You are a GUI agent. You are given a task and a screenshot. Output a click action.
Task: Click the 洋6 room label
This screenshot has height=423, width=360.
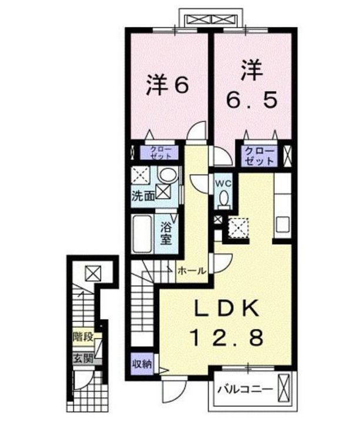pyautogui.click(x=167, y=86)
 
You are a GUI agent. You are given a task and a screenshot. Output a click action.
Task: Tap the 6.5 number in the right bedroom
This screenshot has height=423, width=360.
pyautogui.click(x=251, y=100)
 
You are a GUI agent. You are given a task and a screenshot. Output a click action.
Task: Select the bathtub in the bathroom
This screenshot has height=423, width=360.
pyautogui.click(x=143, y=234)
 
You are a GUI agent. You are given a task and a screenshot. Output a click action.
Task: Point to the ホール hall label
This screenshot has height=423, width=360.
pyautogui.click(x=191, y=271)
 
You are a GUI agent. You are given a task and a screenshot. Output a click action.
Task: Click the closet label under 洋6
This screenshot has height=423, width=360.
pyautogui.click(x=160, y=153)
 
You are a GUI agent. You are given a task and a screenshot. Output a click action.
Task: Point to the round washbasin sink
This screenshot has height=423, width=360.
pyautogui.click(x=168, y=175)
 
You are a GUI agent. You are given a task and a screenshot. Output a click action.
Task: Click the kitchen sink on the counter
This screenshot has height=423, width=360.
pyautogui.click(x=282, y=225)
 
